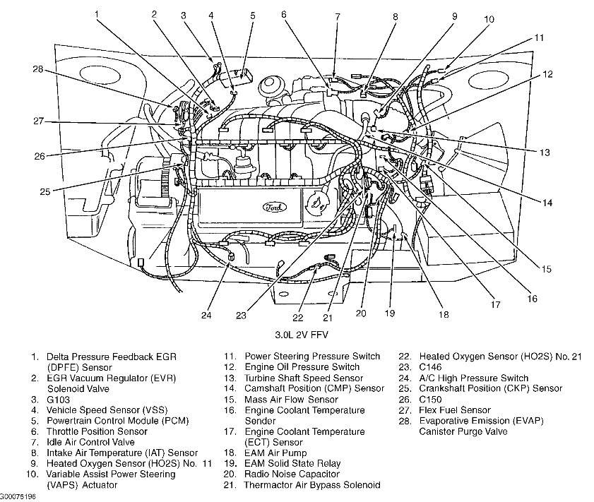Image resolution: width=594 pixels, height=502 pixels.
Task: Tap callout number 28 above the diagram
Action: pos(37,68)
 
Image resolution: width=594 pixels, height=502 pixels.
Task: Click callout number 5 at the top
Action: pos(252,15)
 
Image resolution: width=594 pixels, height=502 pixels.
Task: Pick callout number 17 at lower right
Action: pos(495,305)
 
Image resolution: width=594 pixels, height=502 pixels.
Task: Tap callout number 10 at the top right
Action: pos(489,20)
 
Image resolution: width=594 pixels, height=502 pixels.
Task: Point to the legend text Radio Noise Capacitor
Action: pos(292,474)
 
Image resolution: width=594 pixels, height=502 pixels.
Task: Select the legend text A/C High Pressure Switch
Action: pos(473,378)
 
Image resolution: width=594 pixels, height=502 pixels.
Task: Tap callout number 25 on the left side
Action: pos(44,191)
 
